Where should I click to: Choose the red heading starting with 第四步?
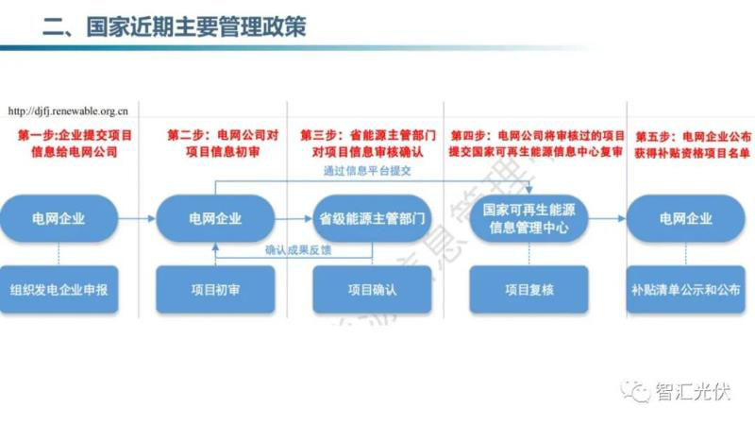pyautogui.click(x=536, y=144)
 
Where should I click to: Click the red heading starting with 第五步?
pyautogui.click(x=693, y=144)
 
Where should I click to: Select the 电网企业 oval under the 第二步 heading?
pyautogui.click(x=216, y=219)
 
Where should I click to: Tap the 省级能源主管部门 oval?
pyautogui.click(x=372, y=219)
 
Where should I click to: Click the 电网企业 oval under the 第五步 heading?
pyautogui.click(x=686, y=219)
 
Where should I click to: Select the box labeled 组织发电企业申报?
pyautogui.click(x=59, y=290)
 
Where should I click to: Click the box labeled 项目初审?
pyautogui.click(x=215, y=290)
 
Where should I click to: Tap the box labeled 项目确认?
pyautogui.click(x=372, y=290)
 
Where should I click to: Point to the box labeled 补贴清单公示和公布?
pyautogui.click(x=686, y=290)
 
